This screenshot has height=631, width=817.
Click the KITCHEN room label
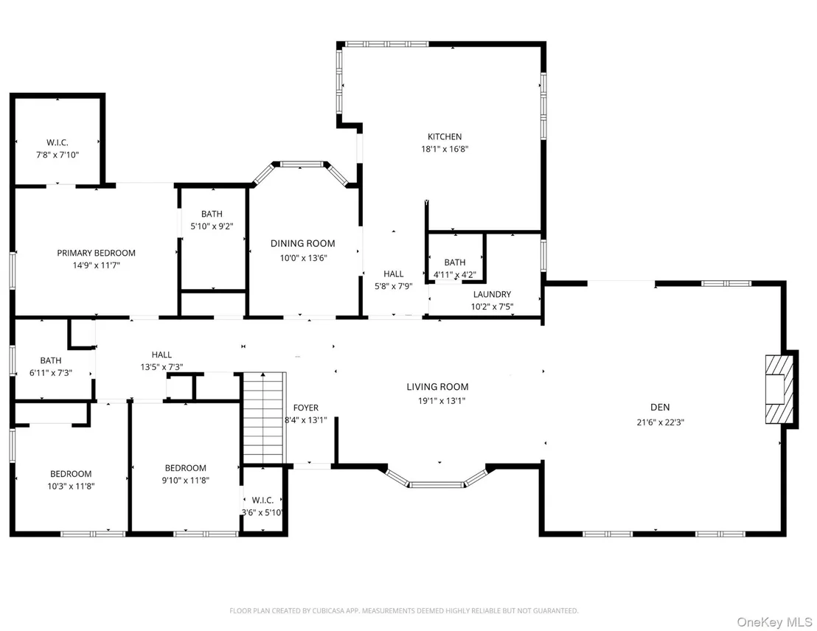(x=445, y=136)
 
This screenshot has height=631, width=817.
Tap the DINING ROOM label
(x=303, y=243)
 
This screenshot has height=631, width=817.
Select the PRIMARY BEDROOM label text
(x=97, y=253)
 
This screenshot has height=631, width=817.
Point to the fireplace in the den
(x=779, y=389)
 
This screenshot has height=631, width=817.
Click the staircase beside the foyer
(x=265, y=417)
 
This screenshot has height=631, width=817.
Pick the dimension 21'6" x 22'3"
(x=660, y=422)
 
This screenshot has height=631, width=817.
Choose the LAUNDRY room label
(x=492, y=294)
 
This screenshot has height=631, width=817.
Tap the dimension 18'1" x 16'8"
(x=445, y=149)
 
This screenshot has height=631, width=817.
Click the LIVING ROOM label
(x=438, y=386)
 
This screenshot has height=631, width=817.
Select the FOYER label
(x=306, y=408)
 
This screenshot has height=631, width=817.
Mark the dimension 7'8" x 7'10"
(x=58, y=155)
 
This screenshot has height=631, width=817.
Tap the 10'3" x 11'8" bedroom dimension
(x=71, y=486)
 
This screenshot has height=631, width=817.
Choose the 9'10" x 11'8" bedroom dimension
(x=186, y=481)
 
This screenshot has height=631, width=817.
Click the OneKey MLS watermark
(x=774, y=622)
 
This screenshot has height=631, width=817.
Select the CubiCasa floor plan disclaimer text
(x=404, y=610)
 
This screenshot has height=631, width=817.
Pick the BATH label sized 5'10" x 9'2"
(x=212, y=215)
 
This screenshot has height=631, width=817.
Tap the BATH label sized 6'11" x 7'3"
(x=51, y=360)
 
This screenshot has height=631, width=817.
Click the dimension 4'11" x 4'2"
(x=454, y=275)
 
